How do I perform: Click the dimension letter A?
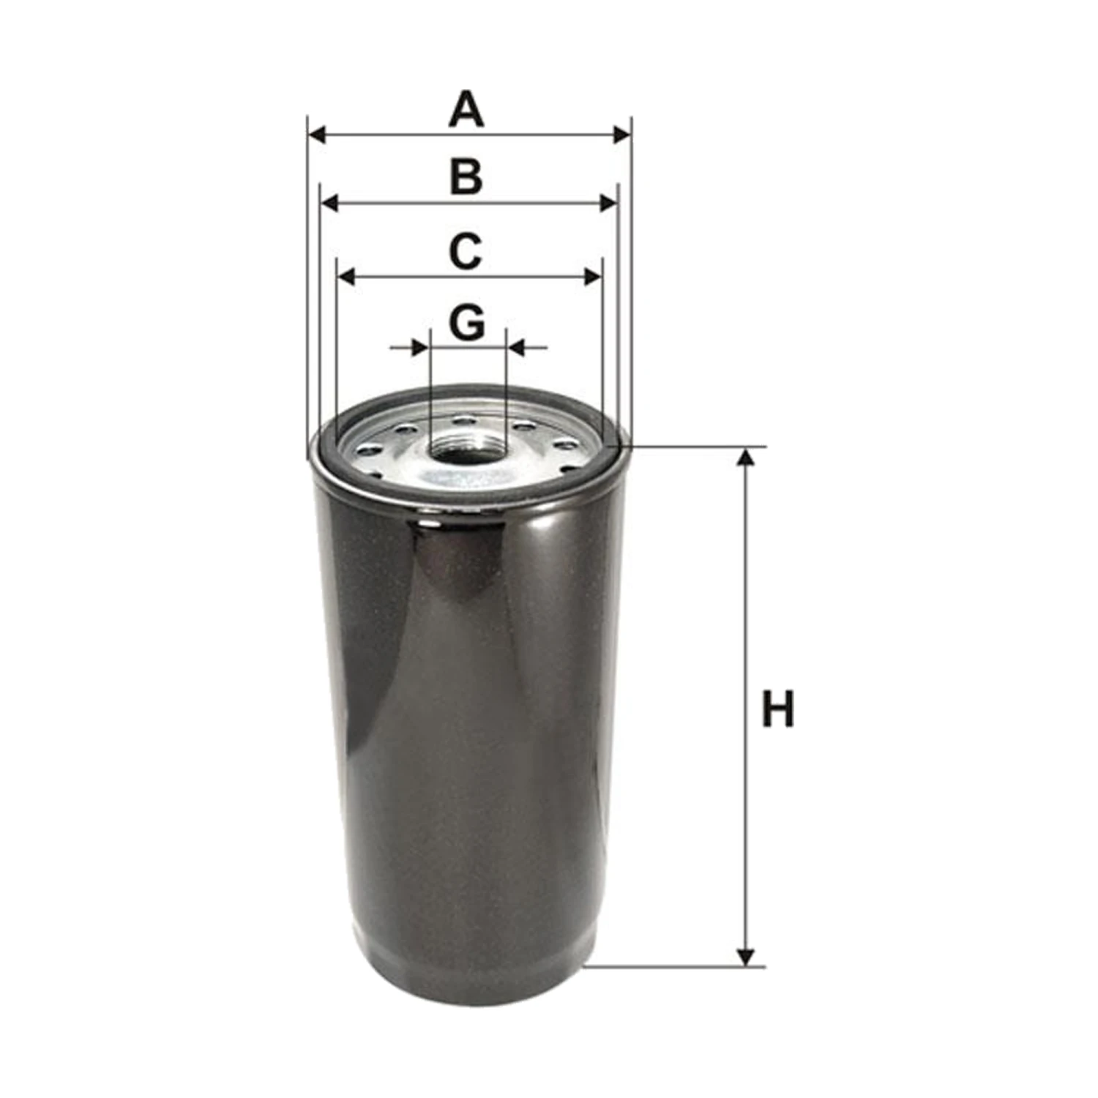(x=466, y=109)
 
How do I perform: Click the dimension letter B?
(x=466, y=177)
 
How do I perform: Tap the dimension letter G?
(x=467, y=322)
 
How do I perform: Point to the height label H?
(x=777, y=709)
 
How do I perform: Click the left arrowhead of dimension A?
(x=317, y=135)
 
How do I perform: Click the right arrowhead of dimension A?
(x=621, y=135)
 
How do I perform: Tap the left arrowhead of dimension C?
(x=346, y=277)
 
